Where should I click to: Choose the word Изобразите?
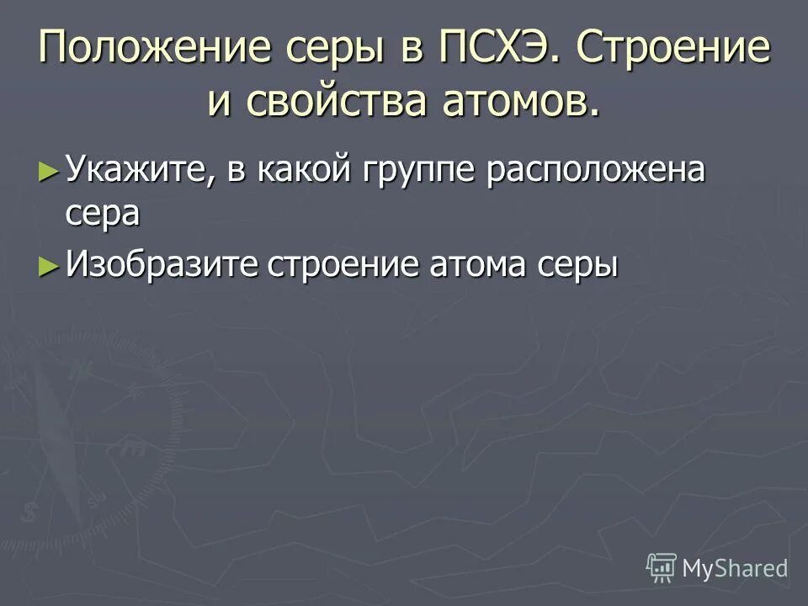[161, 265]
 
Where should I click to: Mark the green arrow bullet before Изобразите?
[49, 265]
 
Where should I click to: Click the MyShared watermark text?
[735, 568]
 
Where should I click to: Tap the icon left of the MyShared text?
[662, 567]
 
